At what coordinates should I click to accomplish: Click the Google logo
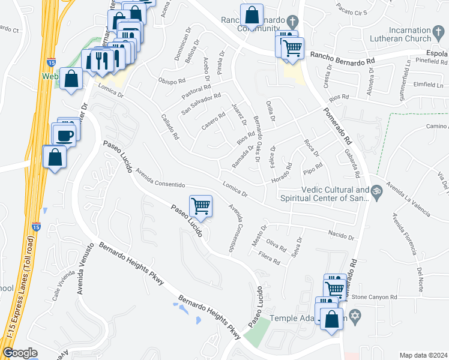20,353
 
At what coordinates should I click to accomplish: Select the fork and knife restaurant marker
101,61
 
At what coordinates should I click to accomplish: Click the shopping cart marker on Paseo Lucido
201,206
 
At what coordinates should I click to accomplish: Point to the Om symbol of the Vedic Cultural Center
377,192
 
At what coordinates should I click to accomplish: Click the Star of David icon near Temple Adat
354,315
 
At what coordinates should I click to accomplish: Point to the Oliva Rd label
276,245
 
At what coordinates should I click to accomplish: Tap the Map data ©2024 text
423,355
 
